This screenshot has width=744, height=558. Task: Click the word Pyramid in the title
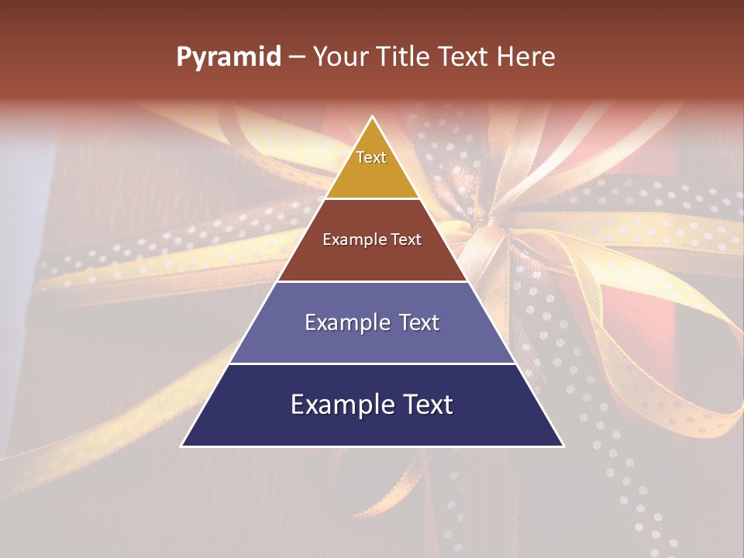click(x=229, y=57)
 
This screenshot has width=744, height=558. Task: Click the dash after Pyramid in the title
click(x=297, y=57)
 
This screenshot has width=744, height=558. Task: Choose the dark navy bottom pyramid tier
click(x=372, y=426)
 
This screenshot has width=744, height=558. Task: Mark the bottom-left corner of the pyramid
click(x=183, y=446)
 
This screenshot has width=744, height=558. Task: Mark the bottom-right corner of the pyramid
click(x=563, y=446)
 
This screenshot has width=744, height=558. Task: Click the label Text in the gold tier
click(x=371, y=157)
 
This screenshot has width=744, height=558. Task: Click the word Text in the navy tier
click(x=425, y=405)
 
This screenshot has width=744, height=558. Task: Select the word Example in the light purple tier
click(x=343, y=322)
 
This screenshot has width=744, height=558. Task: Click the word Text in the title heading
click(x=467, y=57)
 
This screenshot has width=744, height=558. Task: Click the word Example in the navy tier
click(x=341, y=405)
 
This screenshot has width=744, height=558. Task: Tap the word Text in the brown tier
click(x=405, y=240)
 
